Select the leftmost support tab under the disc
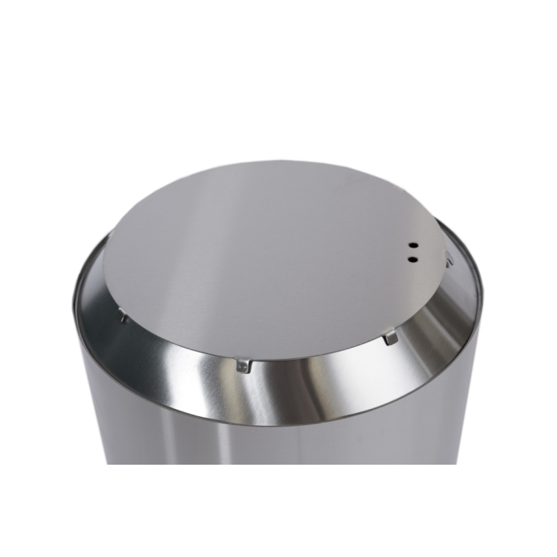[x=123, y=317]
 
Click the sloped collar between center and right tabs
[x=318, y=362]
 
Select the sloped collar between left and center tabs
[x=179, y=350]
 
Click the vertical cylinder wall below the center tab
[x=243, y=430]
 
